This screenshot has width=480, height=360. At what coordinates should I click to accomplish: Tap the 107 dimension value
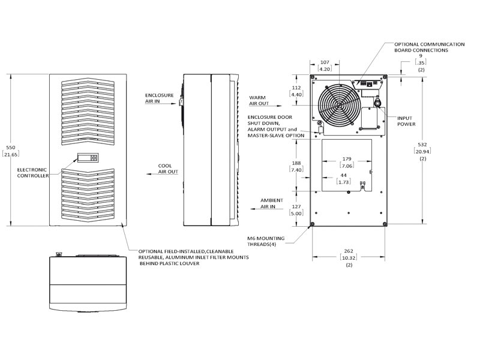tap(325, 62)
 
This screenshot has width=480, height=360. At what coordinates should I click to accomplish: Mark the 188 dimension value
tap(296, 163)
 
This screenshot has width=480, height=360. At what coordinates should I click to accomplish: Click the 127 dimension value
tap(296, 206)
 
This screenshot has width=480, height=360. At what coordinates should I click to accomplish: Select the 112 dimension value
tap(296, 88)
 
